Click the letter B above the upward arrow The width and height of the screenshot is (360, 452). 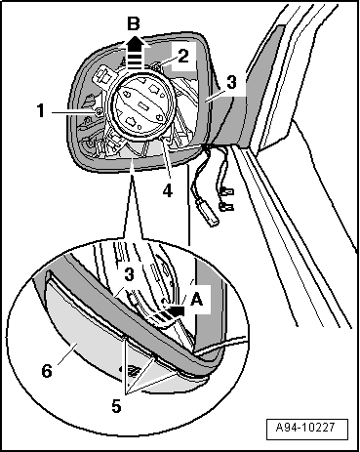coord(133,24)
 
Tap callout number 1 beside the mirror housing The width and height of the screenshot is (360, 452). coord(41,110)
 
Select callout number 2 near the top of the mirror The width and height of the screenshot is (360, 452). coord(183,56)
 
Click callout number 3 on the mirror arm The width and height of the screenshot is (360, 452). coord(231,82)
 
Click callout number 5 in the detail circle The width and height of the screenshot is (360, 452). coord(116,406)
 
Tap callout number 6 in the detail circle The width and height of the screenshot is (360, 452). coord(47,371)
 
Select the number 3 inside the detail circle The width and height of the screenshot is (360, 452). coord(129,275)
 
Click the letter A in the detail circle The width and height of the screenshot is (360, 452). coord(196,299)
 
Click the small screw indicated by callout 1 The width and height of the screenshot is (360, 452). coord(98,112)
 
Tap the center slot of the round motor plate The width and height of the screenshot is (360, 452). coord(142,105)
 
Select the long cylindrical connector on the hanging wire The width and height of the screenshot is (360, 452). coord(210,213)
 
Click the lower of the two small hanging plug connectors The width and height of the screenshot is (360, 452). coord(227,206)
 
